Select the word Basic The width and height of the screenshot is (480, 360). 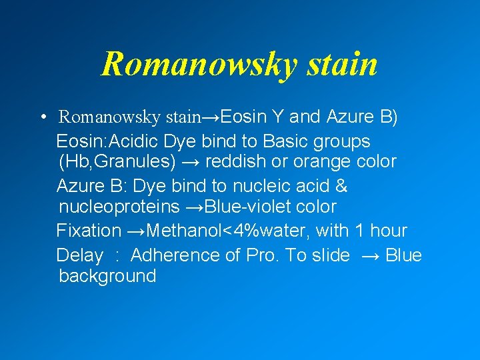click(x=289, y=141)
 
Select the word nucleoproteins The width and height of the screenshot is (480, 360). click(x=119, y=207)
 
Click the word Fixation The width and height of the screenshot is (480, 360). click(x=89, y=231)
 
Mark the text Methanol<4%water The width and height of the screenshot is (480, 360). click(x=227, y=231)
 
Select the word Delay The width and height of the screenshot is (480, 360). click(x=80, y=255)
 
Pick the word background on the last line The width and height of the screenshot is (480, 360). click(x=107, y=276)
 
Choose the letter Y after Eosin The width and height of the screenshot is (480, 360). click(x=275, y=117)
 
